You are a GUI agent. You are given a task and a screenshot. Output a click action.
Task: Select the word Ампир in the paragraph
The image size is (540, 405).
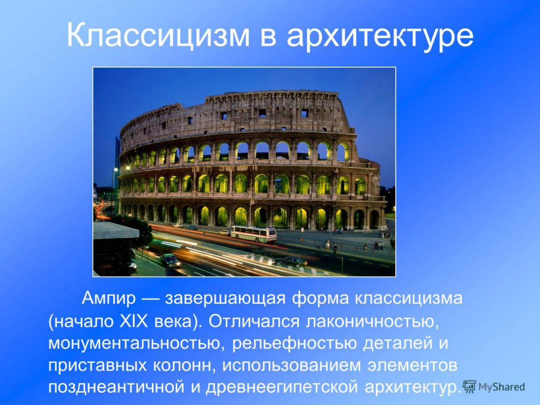[x=108, y=299]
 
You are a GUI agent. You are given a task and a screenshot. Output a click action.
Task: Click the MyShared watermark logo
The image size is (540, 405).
[x=494, y=387]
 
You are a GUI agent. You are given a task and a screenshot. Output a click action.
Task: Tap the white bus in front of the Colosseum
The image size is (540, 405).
[x=253, y=233]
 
